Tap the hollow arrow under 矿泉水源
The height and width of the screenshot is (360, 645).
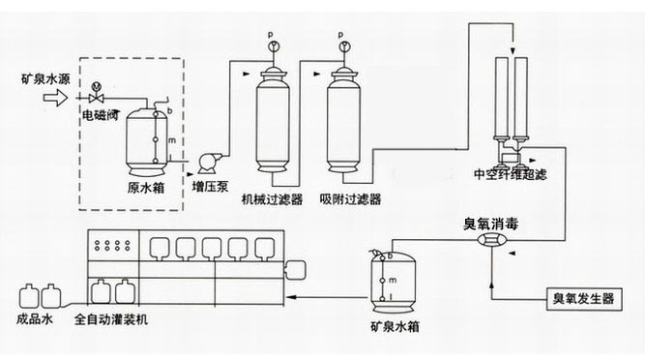[x=56, y=97]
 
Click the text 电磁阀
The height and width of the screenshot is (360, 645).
[x=100, y=114]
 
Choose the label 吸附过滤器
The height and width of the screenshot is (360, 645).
[x=349, y=198]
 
